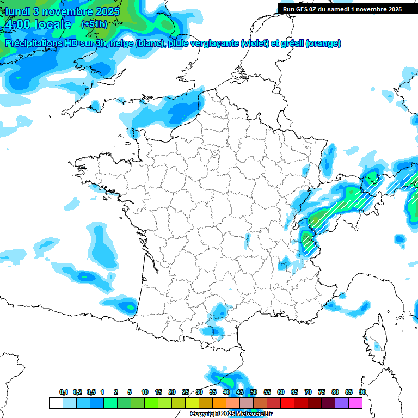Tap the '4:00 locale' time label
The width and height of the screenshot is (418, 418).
pyautogui.click(x=37, y=24)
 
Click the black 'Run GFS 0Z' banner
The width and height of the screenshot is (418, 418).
pyautogui.click(x=342, y=9)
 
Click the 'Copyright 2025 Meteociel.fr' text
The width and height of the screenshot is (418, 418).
pyautogui.click(x=231, y=414)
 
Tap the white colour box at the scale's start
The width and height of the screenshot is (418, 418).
pyautogui.click(x=56, y=403)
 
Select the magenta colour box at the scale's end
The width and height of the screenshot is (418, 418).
pyautogui.click(x=355, y=403)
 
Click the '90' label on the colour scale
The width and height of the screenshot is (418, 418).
pyautogui.click(x=362, y=392)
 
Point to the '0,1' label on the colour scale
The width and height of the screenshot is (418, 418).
pyautogui.click(x=64, y=392)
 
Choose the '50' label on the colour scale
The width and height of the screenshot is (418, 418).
pyautogui.click(x=254, y=392)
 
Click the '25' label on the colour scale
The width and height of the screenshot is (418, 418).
pyautogui.click(x=186, y=392)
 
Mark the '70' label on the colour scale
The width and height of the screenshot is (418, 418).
pyautogui.click(x=308, y=392)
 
